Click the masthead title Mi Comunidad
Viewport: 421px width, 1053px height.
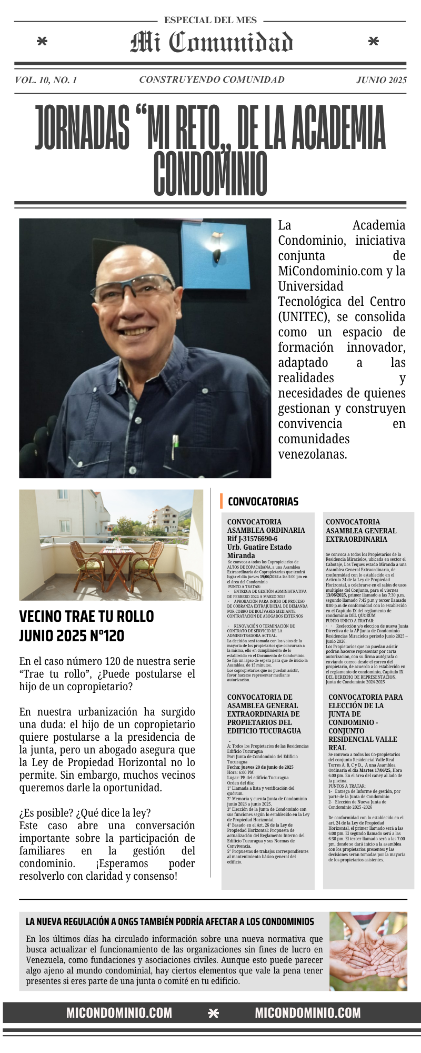pyautogui.click(x=211, y=43)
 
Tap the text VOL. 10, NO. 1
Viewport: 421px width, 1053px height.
pyautogui.click(x=46, y=80)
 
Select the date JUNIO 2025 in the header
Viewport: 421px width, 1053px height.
pyautogui.click(x=381, y=80)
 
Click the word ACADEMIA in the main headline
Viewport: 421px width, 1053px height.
pyautogui.click(x=338, y=128)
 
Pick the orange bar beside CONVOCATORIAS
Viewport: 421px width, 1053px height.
pyautogui.click(x=222, y=501)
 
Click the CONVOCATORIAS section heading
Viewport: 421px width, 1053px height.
pyautogui.click(x=263, y=502)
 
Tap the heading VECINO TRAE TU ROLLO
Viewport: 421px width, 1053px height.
pyautogui.click(x=86, y=616)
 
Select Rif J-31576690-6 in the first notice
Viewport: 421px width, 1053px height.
pyautogui.click(x=252, y=539)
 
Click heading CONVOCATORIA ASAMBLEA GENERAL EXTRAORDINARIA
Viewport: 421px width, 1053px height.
pyautogui.click(x=360, y=530)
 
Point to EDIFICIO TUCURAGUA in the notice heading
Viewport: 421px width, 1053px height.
pyautogui.click(x=264, y=731)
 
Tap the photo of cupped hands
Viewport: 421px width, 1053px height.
pyautogui.click(x=368, y=951)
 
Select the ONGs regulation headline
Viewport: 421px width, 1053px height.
pyautogui.click(x=169, y=921)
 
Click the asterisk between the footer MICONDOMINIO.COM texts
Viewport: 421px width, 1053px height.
pyautogui.click(x=213, y=1013)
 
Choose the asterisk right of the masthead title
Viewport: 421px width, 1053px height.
pyautogui.click(x=373, y=42)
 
